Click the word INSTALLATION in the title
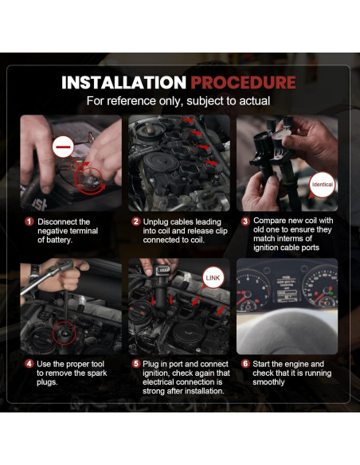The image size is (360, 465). click(123, 83)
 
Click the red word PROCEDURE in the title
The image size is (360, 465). click(243, 83)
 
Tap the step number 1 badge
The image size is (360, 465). click(29, 221)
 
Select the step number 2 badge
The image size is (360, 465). click(136, 221)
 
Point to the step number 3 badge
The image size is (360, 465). click(245, 221)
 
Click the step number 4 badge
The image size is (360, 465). click(29, 364)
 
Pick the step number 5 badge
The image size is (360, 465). click(136, 364)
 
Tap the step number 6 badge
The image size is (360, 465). click(245, 364)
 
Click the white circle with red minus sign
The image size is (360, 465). click(63, 147)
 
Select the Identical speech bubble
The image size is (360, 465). click(322, 185)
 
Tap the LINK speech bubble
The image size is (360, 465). click(213, 278)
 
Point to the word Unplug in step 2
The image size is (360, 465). click(155, 222)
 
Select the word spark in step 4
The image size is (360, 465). click(97, 373)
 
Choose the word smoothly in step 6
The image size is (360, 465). click(268, 382)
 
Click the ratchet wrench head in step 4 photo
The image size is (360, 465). click(65, 265)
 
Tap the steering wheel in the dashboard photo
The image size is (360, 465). click(287, 330)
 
